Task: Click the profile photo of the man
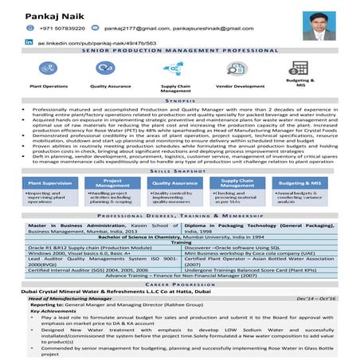coord(319,25)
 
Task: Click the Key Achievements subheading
coord(53,310)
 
